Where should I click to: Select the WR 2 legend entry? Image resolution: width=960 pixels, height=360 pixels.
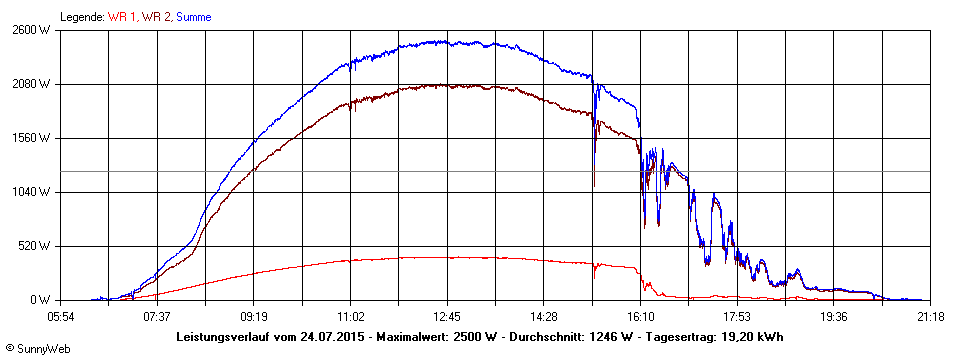coord(156,17)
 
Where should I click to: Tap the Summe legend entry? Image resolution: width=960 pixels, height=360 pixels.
coord(194,17)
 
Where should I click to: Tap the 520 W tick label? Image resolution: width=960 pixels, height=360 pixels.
coord(35,246)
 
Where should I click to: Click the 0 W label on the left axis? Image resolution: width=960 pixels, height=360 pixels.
coord(41,300)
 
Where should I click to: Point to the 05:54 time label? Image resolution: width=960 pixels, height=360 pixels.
coord(60,316)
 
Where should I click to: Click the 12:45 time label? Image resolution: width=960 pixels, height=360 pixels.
coord(447,316)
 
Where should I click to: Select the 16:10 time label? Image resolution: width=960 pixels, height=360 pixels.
coord(641,316)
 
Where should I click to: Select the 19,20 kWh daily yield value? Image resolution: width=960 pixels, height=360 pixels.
coord(755,336)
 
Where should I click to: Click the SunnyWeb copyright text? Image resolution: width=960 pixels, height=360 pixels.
coord(33,350)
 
